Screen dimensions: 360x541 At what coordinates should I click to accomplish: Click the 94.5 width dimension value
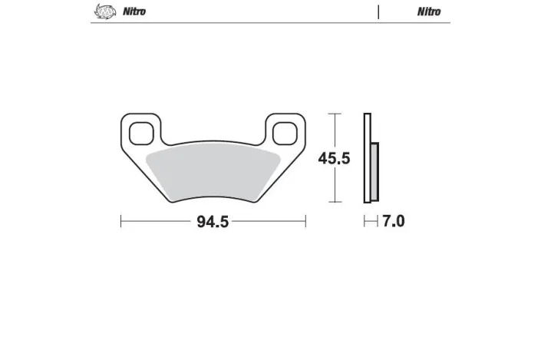point(213,223)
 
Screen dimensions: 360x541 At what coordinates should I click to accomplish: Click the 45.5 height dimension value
point(335,159)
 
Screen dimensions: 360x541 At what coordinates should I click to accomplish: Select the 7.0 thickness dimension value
point(393,222)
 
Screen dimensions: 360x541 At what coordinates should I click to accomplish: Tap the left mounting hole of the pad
point(140,132)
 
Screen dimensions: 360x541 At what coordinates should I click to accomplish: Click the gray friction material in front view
point(213,173)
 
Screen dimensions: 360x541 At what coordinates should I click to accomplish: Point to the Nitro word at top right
point(429,12)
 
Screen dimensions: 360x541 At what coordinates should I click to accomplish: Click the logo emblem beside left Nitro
point(104,12)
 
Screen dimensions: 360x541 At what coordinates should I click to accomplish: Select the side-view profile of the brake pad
point(369,159)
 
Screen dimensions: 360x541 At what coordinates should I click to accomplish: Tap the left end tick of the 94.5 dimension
point(121,222)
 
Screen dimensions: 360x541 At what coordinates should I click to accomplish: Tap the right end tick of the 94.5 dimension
point(305,222)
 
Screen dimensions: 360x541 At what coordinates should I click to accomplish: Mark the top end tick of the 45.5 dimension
point(335,114)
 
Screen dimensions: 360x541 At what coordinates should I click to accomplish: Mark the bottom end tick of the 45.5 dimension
point(335,203)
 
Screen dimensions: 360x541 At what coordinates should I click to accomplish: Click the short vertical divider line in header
point(378,12)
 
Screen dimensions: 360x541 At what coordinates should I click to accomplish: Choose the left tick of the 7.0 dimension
point(365,222)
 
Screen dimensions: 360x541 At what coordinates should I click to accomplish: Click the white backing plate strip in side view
point(367,159)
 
